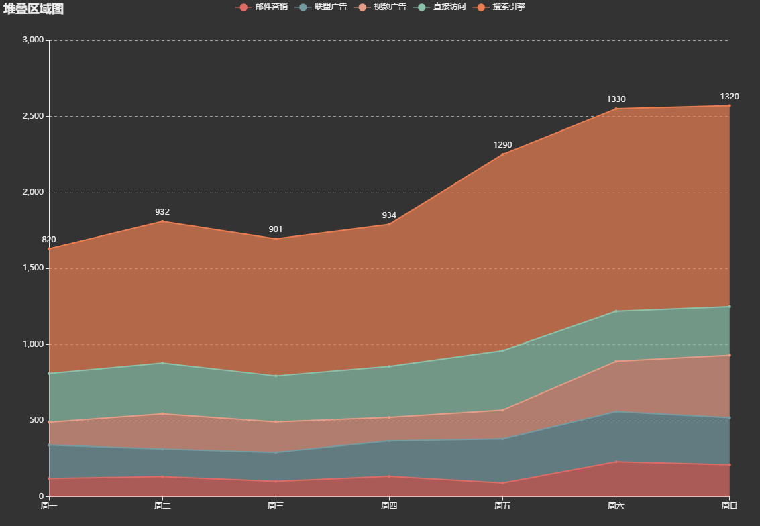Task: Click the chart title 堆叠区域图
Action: [34, 9]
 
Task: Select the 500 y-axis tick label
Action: [36, 421]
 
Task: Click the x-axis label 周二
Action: [162, 506]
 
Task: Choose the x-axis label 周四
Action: [389, 506]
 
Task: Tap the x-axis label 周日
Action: [729, 506]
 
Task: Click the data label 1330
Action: [616, 99]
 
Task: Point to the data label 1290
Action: [502, 145]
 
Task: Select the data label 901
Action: [276, 229]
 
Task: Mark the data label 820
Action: [49, 240]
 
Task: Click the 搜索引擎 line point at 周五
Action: [502, 154]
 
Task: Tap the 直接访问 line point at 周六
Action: [616, 311]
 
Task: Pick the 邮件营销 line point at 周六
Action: [616, 462]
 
